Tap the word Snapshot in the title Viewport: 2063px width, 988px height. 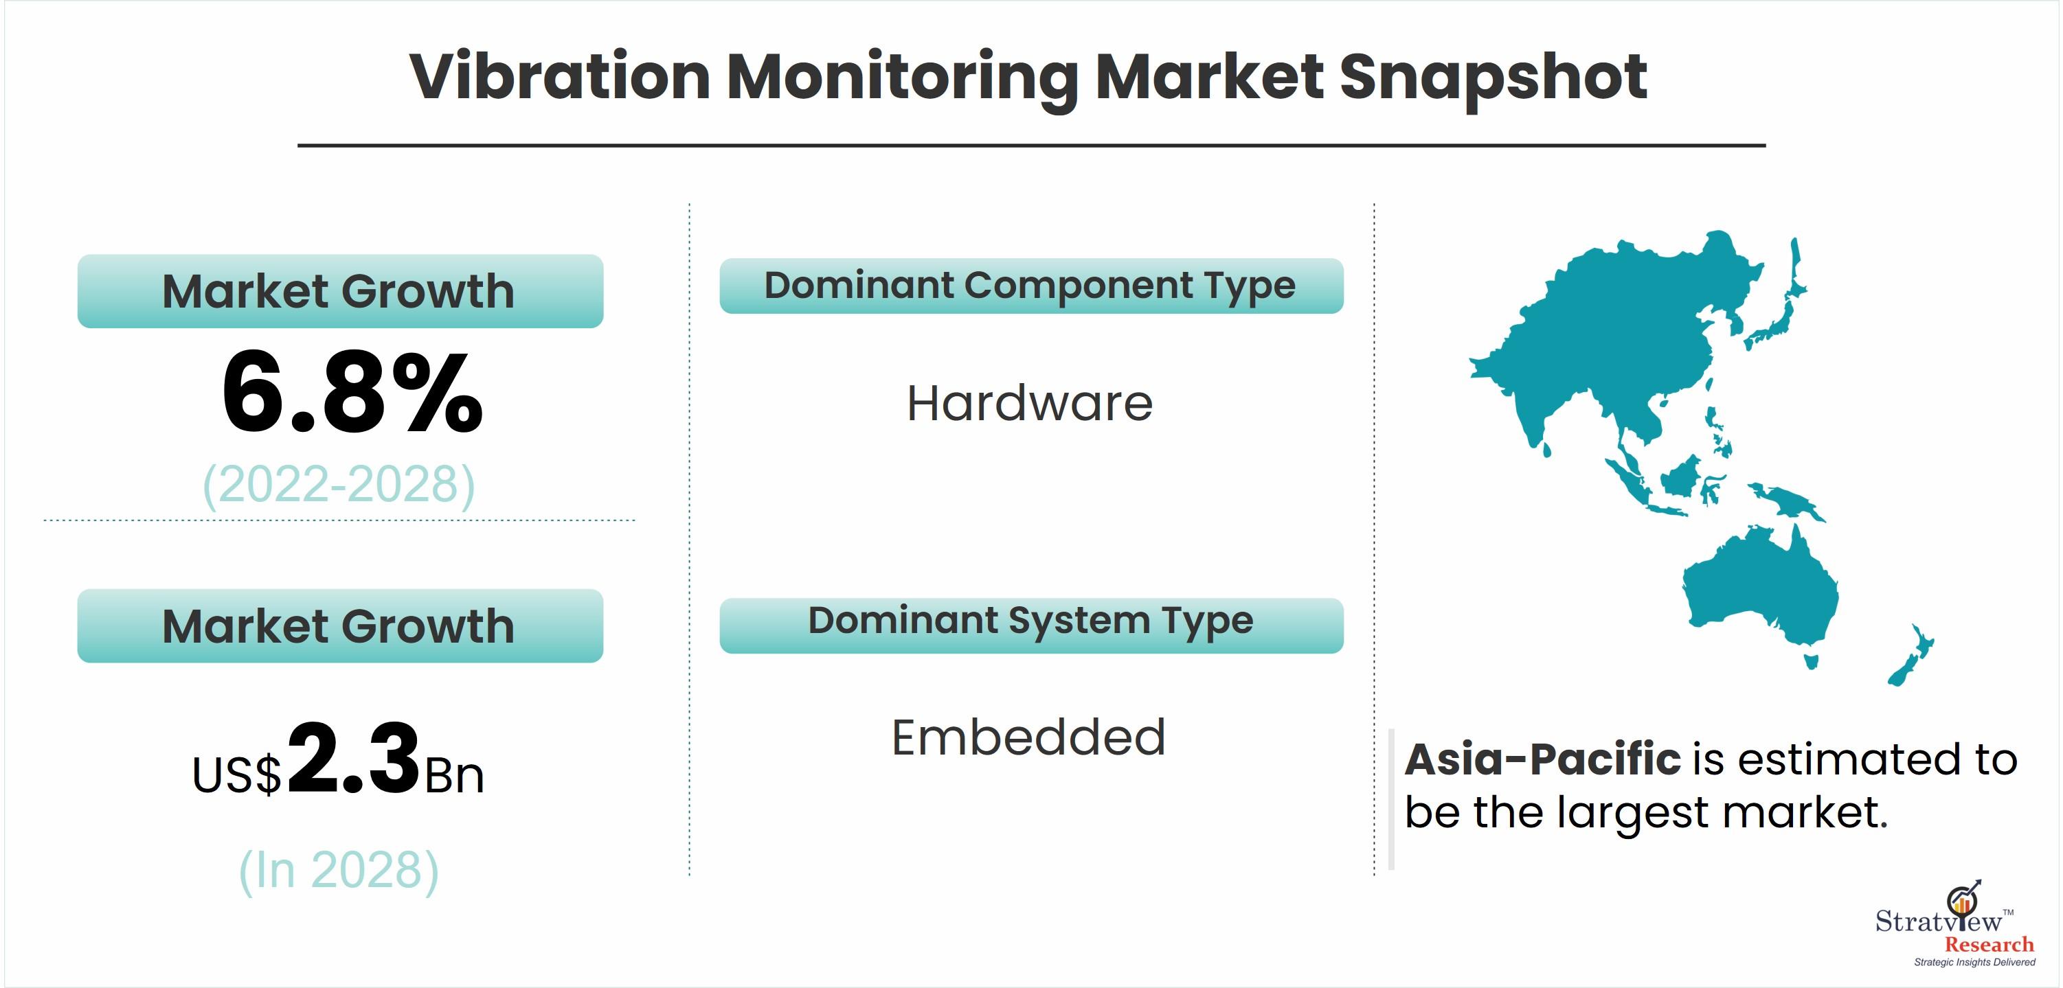coord(1493,78)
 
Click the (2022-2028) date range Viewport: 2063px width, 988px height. coord(339,485)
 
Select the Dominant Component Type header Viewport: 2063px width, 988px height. coord(1030,286)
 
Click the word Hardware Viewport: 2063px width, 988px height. coord(1030,403)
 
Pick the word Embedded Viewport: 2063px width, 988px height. coord(1028,737)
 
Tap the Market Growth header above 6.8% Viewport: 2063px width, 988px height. coord(339,290)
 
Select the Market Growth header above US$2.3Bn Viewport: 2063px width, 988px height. coord(339,625)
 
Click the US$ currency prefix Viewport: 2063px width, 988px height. coord(237,775)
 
